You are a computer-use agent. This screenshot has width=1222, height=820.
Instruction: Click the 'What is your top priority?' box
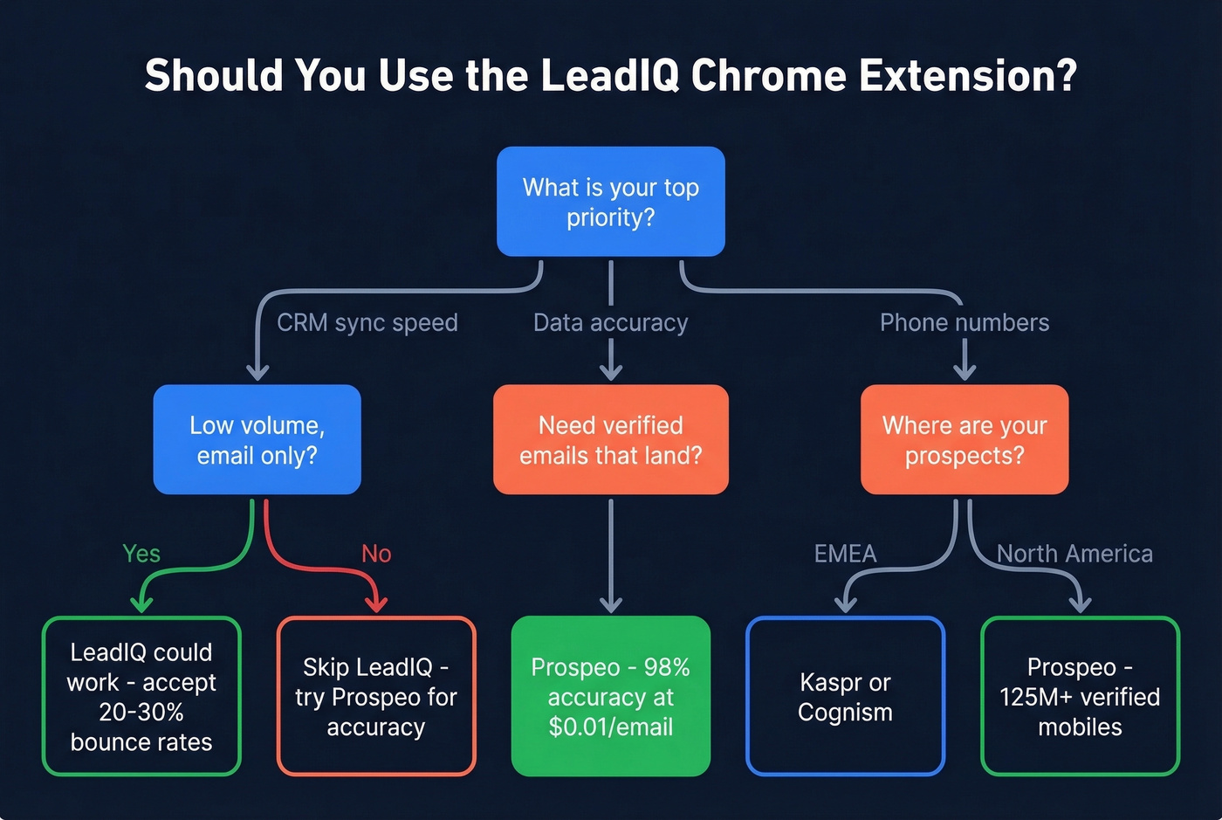click(x=610, y=202)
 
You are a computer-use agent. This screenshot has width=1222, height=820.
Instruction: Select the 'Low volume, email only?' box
click(x=257, y=439)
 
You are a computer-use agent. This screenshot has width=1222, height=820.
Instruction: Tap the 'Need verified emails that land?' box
click(x=610, y=439)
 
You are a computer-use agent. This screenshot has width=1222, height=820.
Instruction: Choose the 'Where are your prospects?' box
click(x=964, y=439)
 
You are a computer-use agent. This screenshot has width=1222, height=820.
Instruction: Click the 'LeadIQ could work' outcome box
click(x=141, y=696)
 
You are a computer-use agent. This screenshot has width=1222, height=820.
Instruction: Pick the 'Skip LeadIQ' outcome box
click(x=376, y=696)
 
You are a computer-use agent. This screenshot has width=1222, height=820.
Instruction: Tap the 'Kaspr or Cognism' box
click(x=845, y=696)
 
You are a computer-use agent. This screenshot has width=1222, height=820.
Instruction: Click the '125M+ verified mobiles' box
click(x=1080, y=696)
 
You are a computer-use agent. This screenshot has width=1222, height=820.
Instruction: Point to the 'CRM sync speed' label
click(x=367, y=323)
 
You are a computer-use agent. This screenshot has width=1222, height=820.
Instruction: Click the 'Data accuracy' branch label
click(x=610, y=323)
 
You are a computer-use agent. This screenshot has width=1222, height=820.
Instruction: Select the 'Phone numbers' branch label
click(x=964, y=323)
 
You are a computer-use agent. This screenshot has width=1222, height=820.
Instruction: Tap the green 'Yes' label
click(x=141, y=554)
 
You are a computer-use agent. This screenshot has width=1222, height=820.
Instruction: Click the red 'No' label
click(x=376, y=554)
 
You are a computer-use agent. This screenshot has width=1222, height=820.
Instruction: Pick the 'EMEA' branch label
click(x=845, y=554)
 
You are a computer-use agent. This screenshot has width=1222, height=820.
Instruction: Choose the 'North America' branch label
click(x=1074, y=554)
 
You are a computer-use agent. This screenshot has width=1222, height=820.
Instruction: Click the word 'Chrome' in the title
click(x=768, y=76)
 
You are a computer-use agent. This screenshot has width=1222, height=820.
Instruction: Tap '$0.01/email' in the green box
click(x=610, y=727)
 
